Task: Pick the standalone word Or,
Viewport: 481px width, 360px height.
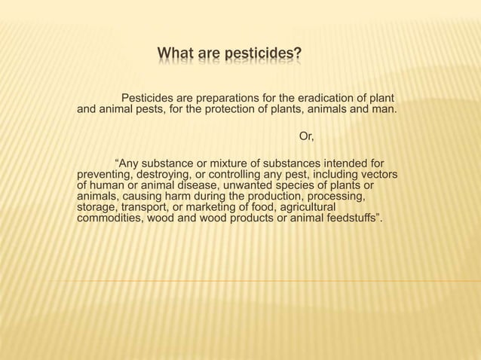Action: click(x=307, y=136)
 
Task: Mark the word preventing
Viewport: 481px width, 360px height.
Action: click(x=104, y=175)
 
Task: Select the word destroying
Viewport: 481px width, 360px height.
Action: click(x=163, y=175)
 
